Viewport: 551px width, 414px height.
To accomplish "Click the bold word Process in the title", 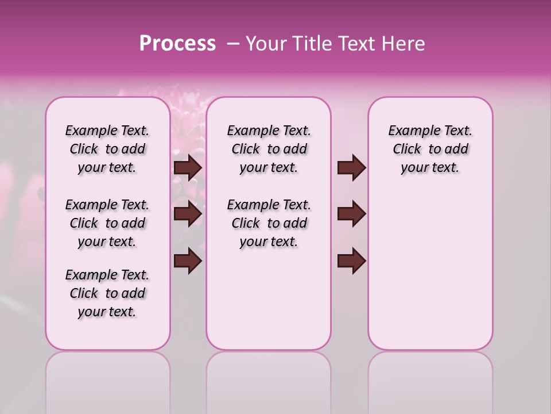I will (x=177, y=44).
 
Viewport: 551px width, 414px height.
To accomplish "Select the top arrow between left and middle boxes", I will (x=188, y=168).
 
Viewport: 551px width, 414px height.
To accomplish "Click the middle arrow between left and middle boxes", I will (x=188, y=214).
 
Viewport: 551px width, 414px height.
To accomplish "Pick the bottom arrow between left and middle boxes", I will (x=188, y=261).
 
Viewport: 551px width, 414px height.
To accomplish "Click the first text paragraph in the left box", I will (x=107, y=149).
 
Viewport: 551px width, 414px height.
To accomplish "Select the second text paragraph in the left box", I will (x=107, y=223).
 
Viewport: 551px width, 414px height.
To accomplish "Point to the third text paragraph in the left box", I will (x=107, y=293).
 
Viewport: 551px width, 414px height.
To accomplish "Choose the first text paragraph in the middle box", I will (x=269, y=149).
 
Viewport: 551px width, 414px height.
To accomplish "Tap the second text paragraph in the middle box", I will (x=269, y=223).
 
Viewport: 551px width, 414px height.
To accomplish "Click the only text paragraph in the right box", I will (x=430, y=149).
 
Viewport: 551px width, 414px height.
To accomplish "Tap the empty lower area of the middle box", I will (x=269, y=299).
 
